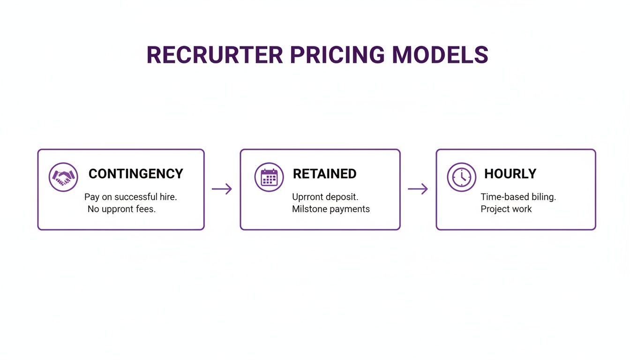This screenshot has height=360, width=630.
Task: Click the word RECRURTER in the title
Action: [x=214, y=55]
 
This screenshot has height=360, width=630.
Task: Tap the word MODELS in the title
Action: [x=440, y=55]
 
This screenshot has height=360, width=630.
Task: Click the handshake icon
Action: [x=63, y=177]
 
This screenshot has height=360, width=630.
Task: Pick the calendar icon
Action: [x=269, y=177]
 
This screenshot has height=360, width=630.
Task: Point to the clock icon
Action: [x=461, y=177]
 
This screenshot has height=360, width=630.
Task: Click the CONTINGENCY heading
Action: [x=135, y=174]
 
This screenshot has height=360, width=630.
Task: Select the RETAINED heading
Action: [x=324, y=174]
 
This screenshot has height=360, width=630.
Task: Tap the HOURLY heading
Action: [x=510, y=174]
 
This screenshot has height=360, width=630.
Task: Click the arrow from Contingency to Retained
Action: [x=222, y=189]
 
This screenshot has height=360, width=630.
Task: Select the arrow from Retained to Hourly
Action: [x=418, y=189]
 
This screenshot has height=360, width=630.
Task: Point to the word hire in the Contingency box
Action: [x=168, y=197]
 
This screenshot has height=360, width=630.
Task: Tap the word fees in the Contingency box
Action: [x=145, y=209]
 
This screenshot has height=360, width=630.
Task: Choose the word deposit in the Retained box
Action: [x=342, y=197]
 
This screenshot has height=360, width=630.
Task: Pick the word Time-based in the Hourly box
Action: [x=502, y=197]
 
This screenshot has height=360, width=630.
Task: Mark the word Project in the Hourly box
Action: [x=495, y=209]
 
